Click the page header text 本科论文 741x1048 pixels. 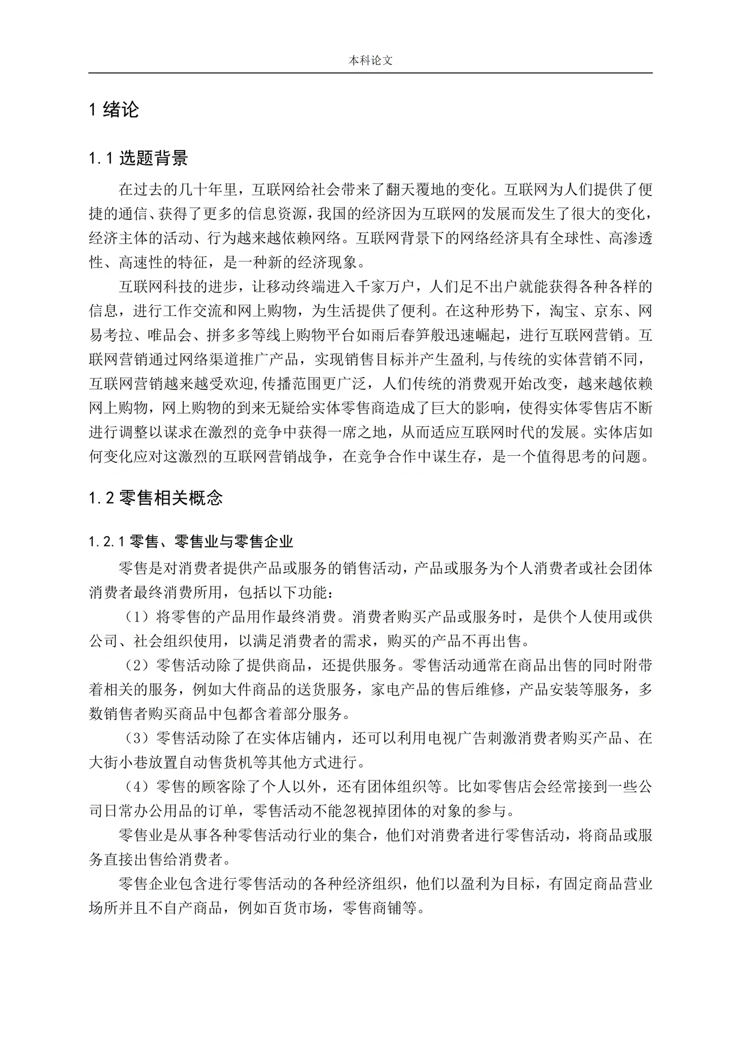pos(370,61)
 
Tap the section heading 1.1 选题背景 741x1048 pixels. pos(138,158)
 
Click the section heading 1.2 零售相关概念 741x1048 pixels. pos(156,498)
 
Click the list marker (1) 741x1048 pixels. pos(136,617)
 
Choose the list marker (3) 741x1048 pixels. pos(136,739)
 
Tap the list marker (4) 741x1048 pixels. pos(136,787)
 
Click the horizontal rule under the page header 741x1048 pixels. pos(370,73)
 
